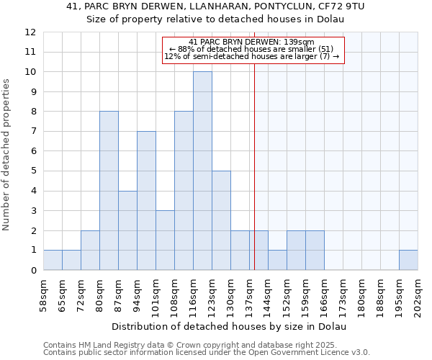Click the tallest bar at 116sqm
[202, 171]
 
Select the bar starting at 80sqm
[109, 191]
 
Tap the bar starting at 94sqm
[146, 200]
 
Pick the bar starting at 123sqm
[221, 220]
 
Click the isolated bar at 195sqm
[408, 260]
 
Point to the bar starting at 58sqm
[53, 260]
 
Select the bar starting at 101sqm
[165, 240]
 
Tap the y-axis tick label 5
[33, 171]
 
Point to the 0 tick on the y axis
[33, 271]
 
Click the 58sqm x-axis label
[43, 294]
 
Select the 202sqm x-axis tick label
[418, 294]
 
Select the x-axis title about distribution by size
[230, 326]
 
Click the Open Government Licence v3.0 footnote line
[207, 353]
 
